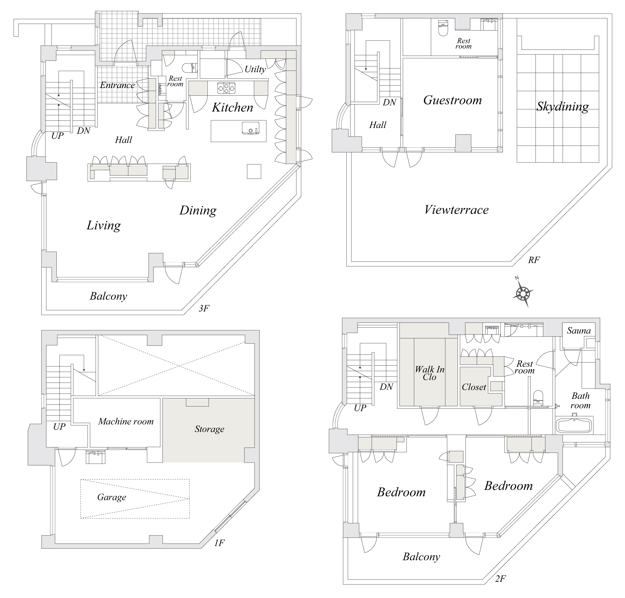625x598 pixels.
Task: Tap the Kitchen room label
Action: click(x=232, y=107)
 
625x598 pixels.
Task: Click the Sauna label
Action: click(x=579, y=330)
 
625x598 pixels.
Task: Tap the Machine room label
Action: click(x=126, y=421)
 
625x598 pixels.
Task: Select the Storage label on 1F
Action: click(x=209, y=429)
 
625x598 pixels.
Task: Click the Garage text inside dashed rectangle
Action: click(x=112, y=497)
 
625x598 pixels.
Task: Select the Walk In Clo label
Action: click(x=429, y=373)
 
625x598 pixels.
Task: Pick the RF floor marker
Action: click(x=534, y=260)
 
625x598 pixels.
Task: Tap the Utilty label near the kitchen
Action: click(x=255, y=69)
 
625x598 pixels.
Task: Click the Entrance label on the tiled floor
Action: click(x=117, y=85)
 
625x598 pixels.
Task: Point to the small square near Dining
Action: click(x=254, y=171)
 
